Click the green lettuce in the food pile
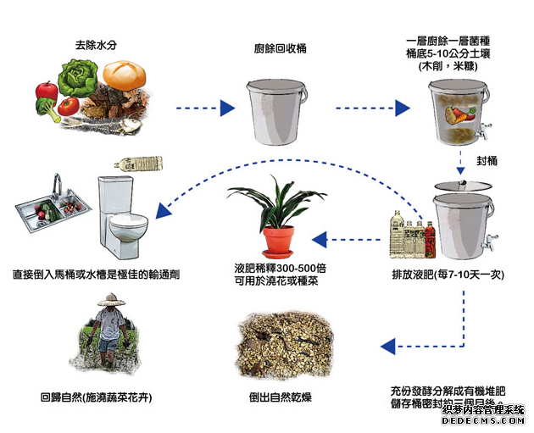pyautogui.click(x=81, y=83)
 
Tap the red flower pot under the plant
pyautogui.click(x=278, y=241)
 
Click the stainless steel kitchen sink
pyautogui.click(x=51, y=208)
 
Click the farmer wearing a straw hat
pyautogui.click(x=113, y=335)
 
